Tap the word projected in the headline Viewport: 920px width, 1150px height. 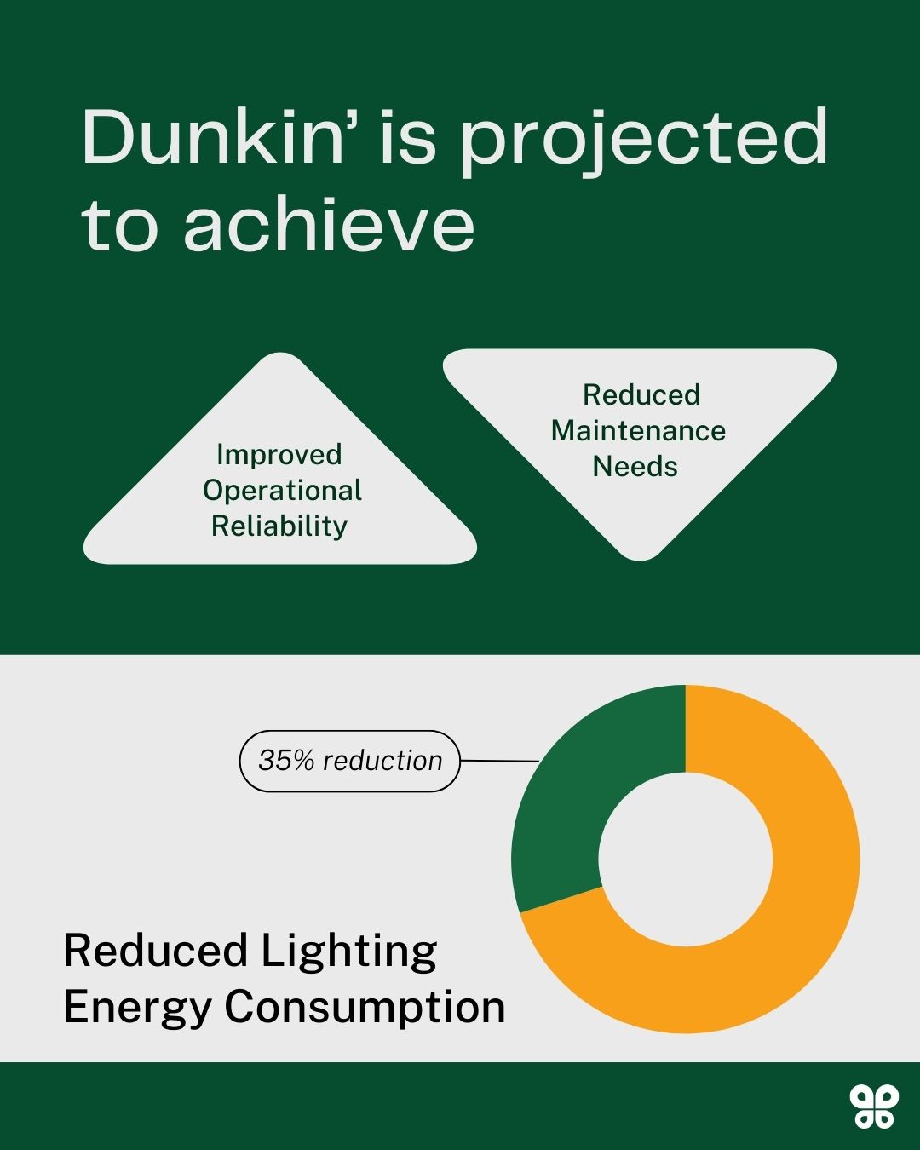(644, 141)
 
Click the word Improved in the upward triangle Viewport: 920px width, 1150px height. (279, 454)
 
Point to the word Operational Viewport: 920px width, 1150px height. (282, 491)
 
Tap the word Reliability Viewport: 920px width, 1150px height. (279, 526)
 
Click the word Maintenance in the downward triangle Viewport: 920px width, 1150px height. (638, 431)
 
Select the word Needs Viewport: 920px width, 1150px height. (635, 467)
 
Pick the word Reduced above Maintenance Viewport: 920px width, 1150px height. (641, 395)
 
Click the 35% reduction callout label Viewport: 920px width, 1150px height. (350, 761)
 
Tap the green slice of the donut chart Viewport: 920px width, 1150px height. (579, 792)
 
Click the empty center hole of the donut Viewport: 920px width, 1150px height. (686, 859)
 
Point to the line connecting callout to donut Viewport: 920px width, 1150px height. (499, 761)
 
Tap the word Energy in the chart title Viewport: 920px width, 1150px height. (137, 1007)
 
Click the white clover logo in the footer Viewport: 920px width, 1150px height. (873, 1107)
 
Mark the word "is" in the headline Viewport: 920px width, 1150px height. (407, 138)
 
